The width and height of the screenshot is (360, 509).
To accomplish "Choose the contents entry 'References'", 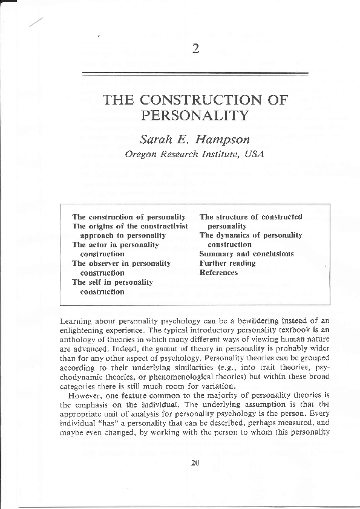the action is (x=218, y=273).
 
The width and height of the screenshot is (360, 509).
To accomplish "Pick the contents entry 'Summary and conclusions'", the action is (x=238, y=254).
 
